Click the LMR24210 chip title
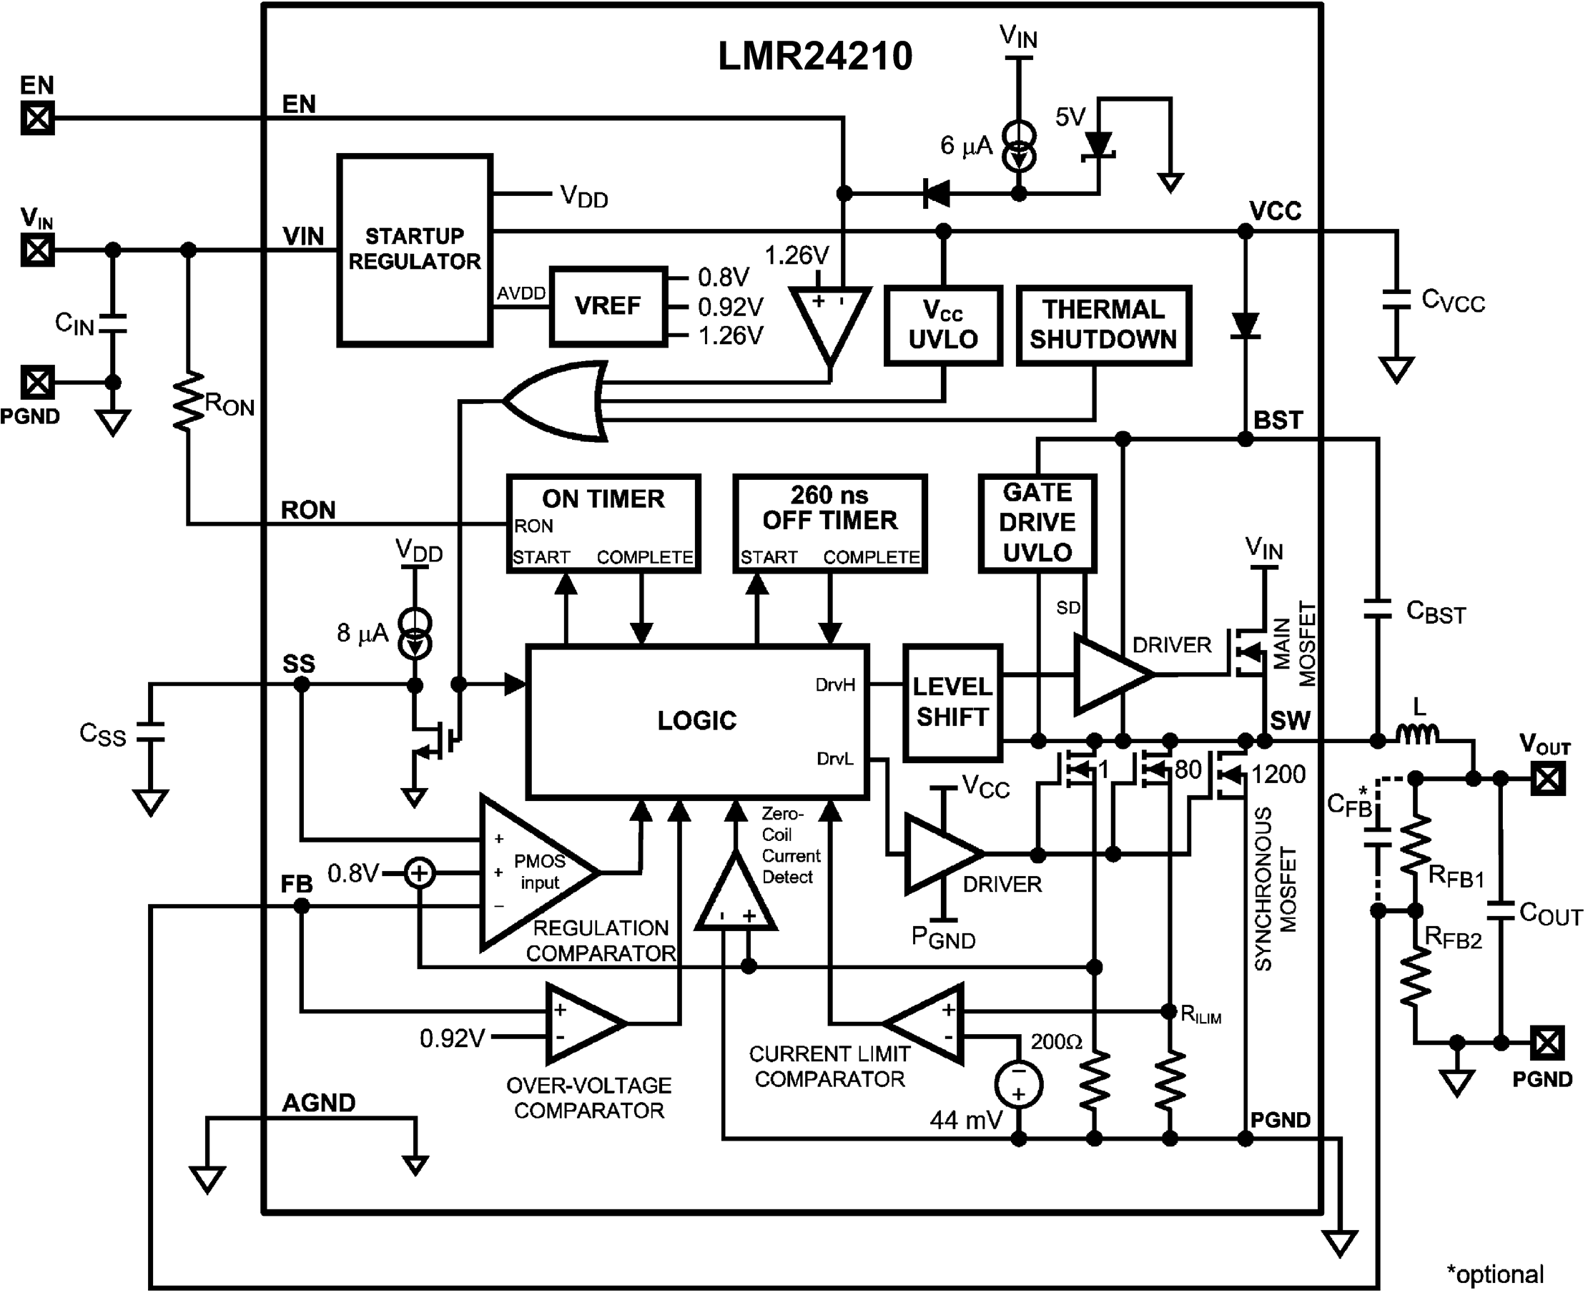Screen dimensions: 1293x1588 click(814, 56)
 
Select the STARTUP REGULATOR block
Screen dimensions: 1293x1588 click(415, 250)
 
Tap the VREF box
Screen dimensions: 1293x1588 click(608, 306)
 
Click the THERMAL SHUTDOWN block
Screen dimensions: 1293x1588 click(1103, 325)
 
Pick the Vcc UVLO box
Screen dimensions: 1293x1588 click(942, 325)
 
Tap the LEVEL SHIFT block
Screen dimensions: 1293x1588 click(952, 702)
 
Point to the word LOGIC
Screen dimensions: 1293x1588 click(697, 720)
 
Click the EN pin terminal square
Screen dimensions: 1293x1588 click(37, 118)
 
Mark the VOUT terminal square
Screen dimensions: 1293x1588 click(1547, 779)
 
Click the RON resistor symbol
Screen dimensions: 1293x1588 click(188, 402)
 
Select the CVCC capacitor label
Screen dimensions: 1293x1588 click(1452, 301)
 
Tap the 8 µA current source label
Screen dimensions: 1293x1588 click(362, 633)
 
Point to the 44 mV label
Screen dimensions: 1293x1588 click(966, 1119)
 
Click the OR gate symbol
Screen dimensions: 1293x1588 click(555, 402)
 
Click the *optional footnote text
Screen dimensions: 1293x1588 click(1494, 1274)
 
